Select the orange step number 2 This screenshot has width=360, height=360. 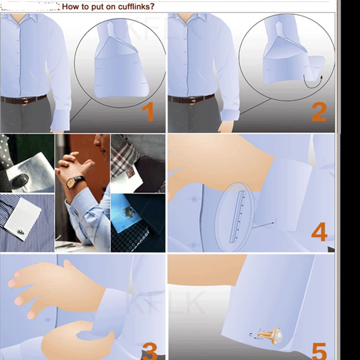(319, 112)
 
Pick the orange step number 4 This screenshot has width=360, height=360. (319, 231)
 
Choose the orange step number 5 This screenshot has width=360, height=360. (319, 351)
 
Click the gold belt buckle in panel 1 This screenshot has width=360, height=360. (25, 101)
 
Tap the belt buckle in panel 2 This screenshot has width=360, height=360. (193, 100)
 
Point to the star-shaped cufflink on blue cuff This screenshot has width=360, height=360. (129, 212)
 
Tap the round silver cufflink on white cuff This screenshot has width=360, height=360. (21, 232)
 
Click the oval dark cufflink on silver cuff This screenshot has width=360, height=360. (20, 180)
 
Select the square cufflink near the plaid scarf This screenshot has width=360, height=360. (131, 172)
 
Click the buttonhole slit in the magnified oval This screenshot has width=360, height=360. (237, 216)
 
